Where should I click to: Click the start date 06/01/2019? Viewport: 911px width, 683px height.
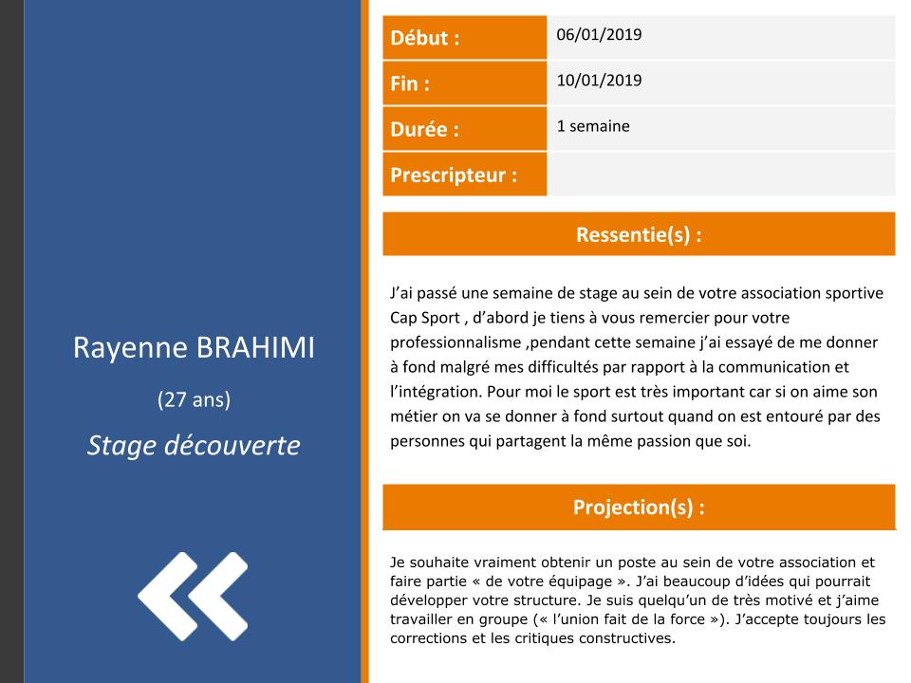click(599, 34)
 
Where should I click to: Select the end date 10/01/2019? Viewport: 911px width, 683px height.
click(599, 80)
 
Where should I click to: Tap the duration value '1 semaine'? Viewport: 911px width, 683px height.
click(593, 126)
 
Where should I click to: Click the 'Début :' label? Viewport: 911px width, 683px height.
click(425, 38)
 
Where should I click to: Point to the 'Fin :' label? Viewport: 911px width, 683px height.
click(410, 83)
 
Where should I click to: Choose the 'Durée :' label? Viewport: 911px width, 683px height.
click(424, 129)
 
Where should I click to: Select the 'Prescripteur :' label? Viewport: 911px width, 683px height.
click(454, 175)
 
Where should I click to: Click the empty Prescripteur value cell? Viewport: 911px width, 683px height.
click(721, 175)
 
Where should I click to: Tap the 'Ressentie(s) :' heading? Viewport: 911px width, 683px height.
click(639, 234)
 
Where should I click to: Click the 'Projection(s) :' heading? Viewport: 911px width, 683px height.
click(639, 507)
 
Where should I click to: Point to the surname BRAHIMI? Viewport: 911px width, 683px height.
click(255, 348)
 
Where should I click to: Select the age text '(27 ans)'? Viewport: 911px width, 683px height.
click(194, 399)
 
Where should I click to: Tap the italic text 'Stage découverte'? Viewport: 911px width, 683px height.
click(194, 446)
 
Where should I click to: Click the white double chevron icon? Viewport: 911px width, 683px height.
click(193, 597)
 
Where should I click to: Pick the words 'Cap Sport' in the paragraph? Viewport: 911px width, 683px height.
click(425, 319)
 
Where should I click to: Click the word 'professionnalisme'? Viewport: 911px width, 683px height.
click(455, 342)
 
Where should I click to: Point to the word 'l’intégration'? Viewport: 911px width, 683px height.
click(436, 392)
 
